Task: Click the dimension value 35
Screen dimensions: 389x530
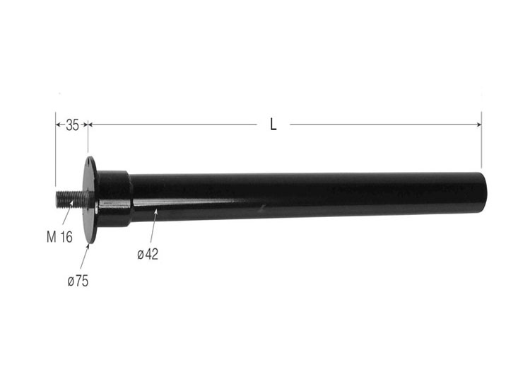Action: (72, 125)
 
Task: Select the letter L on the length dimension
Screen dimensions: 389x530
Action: (273, 125)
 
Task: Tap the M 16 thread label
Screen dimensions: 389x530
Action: (59, 238)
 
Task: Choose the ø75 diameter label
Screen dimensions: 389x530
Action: (78, 281)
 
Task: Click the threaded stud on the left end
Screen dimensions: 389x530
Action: (69, 199)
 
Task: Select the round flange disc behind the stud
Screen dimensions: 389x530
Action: (90, 200)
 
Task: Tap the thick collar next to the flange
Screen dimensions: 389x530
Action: (114, 199)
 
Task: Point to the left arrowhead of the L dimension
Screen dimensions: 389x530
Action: (92, 125)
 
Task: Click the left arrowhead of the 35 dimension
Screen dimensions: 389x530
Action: (58, 125)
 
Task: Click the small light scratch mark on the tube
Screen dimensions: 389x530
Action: (263, 207)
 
